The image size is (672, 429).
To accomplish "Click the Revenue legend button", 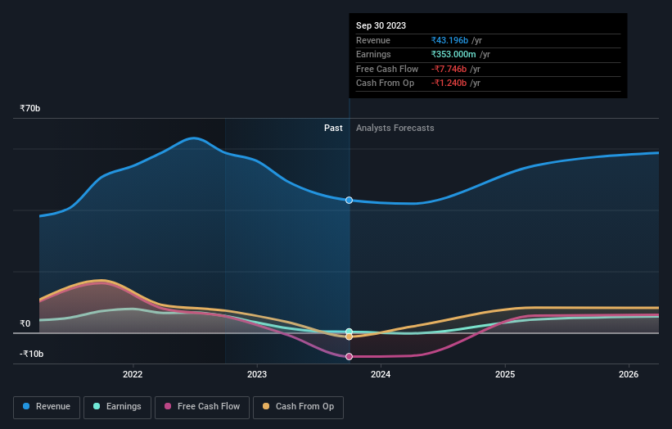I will click(47, 406).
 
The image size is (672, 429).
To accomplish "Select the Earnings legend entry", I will click(117, 406).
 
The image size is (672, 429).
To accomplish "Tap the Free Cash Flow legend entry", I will click(201, 406).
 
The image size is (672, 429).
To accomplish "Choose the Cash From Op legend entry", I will click(299, 406).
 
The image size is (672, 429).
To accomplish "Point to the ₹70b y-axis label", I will click(30, 108).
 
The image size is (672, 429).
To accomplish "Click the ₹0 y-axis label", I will click(25, 323).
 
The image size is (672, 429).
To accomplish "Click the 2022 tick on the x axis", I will click(133, 375).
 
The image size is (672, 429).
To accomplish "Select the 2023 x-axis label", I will click(257, 375).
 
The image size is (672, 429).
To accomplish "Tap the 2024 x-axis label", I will click(381, 375).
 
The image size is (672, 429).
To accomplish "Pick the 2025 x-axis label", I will click(505, 375).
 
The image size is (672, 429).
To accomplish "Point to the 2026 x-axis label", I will click(629, 375).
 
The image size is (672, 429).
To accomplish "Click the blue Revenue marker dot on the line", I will click(350, 200).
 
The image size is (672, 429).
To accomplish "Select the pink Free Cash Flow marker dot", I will click(350, 356).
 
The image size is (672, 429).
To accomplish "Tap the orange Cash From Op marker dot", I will click(350, 336).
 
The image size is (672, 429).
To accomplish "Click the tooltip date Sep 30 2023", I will click(381, 25).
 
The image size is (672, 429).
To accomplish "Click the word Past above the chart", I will click(333, 128).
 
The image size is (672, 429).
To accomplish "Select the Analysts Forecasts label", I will click(395, 128).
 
